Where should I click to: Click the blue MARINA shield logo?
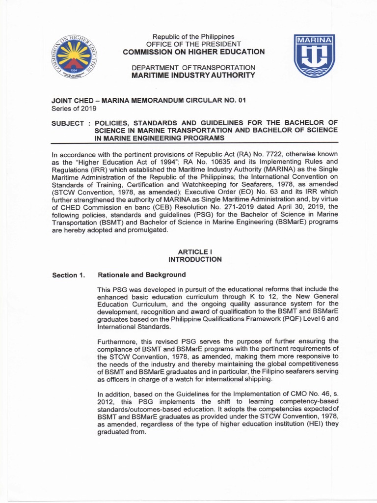314,56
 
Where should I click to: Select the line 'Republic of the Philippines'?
193,37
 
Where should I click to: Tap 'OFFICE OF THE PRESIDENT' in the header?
193,44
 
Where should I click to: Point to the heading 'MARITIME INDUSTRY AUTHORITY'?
193,75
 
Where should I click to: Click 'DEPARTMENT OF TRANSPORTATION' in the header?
193,67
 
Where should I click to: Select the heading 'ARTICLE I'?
194,251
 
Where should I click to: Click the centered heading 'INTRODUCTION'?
194,259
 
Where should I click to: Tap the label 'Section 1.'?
69,275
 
